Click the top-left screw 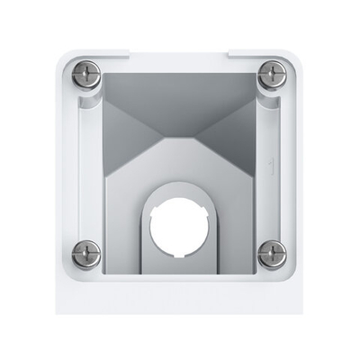[86, 76]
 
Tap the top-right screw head [272, 76]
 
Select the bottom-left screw [86, 254]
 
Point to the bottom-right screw [272, 254]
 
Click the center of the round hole [179, 223]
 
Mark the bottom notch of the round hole [179, 253]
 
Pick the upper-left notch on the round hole [156, 208]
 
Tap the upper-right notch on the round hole [203, 208]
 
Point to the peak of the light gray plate [179, 141]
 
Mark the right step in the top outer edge [229, 53]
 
